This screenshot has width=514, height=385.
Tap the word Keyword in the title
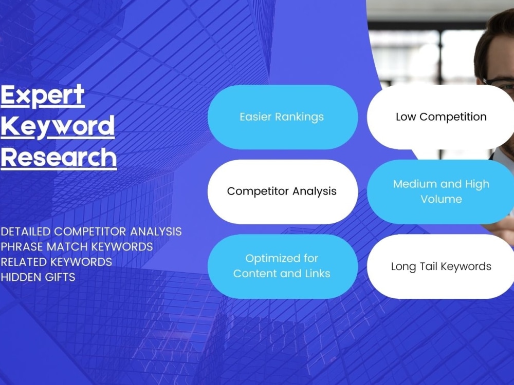coord(57,126)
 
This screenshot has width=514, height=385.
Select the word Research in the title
coord(58,157)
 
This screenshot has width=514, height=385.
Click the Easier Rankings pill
coord(282,117)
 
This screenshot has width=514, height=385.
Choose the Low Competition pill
coord(441,117)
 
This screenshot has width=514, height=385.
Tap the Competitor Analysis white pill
coord(282,191)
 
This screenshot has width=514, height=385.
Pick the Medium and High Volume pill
coord(441,191)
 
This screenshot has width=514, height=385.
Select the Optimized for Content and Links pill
coord(282,266)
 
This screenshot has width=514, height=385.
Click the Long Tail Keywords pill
coord(441,266)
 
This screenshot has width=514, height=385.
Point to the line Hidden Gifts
coord(38,277)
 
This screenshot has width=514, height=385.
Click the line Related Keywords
coord(56,262)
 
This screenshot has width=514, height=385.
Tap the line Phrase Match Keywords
coord(77,247)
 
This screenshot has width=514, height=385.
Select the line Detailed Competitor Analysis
coord(91,232)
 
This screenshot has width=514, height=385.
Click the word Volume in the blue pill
coord(441,199)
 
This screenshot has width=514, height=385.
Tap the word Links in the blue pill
coord(317,274)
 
